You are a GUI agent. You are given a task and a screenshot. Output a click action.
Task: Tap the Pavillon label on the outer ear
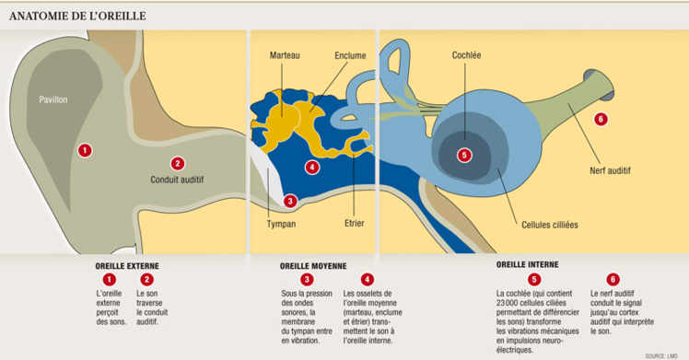[x=53, y=99]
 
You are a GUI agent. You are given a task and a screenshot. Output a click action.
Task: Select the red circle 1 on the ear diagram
[x=85, y=150]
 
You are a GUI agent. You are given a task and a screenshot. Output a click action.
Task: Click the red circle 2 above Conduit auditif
[x=178, y=163]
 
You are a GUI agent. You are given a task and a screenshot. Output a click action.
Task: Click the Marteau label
[x=285, y=56]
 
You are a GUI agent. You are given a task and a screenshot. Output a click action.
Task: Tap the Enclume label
[x=350, y=56]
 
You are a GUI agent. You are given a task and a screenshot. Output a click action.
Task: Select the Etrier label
[x=356, y=223]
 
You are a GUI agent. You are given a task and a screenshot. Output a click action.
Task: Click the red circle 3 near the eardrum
[x=290, y=201]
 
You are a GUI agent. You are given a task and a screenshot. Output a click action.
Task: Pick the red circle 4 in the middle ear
[x=313, y=168]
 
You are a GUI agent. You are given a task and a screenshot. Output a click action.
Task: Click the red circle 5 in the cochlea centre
[x=464, y=155]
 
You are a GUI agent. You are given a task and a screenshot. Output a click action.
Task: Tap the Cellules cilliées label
[x=550, y=224]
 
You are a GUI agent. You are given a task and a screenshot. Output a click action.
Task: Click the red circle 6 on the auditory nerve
[x=601, y=119]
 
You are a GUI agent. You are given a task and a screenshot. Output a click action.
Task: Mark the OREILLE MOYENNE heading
[x=313, y=266]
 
